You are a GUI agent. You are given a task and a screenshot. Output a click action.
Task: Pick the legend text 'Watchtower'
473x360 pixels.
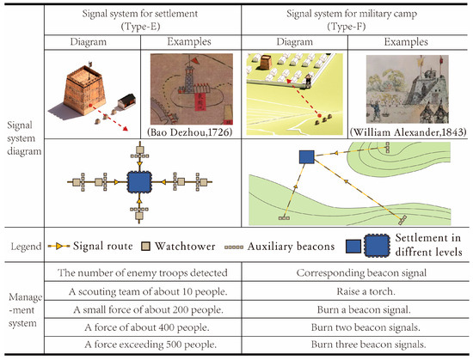click(x=217, y=246)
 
